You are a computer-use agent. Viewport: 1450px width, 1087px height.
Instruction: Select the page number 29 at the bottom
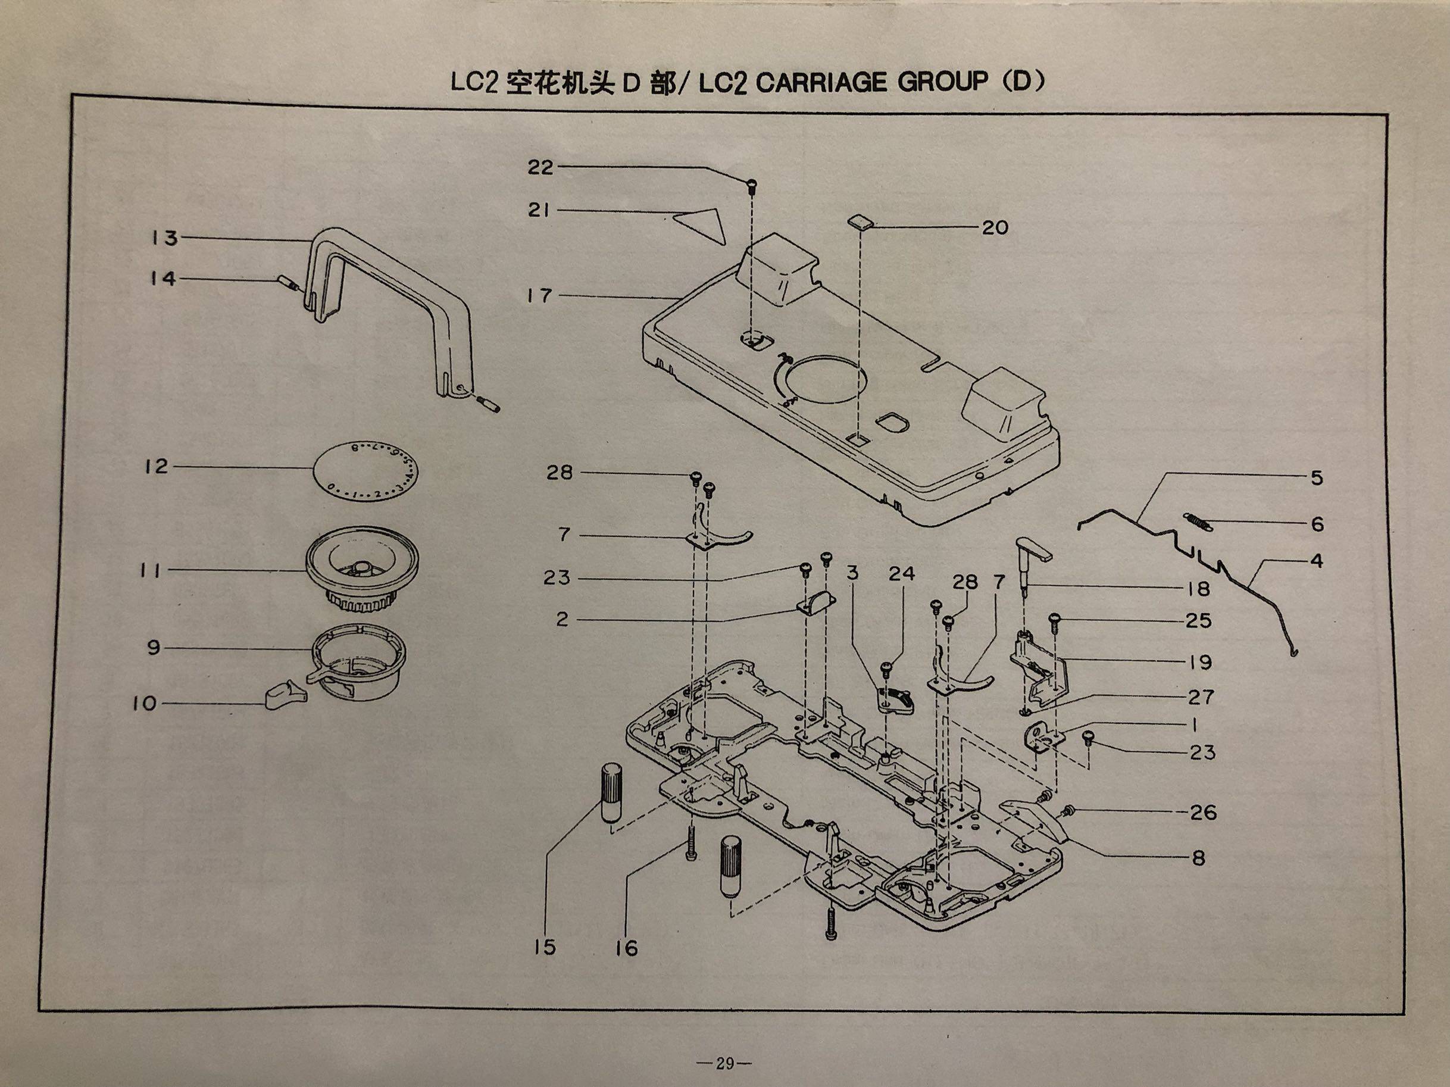(724, 1063)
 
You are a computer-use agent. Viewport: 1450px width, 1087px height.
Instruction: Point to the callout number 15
(544, 947)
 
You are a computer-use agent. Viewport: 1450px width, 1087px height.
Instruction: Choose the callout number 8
(1198, 858)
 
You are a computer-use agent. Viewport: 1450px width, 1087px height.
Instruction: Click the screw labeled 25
(1055, 619)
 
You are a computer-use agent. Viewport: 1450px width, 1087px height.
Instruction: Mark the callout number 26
(1203, 813)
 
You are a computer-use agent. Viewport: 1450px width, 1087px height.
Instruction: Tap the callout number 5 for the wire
(1317, 478)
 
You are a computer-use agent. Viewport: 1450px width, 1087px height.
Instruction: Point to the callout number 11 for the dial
(150, 570)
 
